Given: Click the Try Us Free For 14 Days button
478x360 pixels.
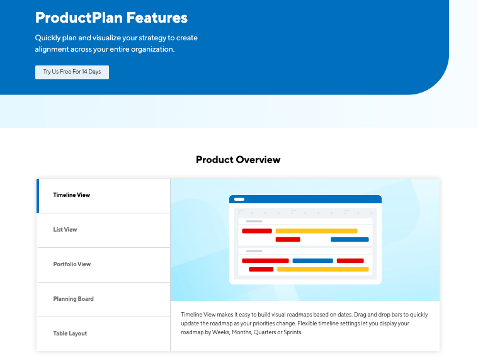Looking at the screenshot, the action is tap(72, 72).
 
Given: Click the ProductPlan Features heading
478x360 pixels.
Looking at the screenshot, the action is tap(111, 18).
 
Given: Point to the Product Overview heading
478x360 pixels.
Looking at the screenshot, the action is tap(238, 160).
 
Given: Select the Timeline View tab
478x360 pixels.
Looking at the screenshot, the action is tap(103, 196).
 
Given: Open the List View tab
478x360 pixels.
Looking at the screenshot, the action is tap(103, 230).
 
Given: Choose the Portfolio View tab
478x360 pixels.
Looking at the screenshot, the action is tap(103, 265).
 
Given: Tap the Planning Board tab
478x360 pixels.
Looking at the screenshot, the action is tap(103, 300).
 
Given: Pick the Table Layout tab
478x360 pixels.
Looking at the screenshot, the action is tap(103, 334).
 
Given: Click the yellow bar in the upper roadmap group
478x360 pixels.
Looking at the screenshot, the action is tap(316, 231).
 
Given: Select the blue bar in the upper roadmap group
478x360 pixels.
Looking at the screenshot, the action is tap(350, 239).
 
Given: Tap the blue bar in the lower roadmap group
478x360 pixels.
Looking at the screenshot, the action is tap(313, 261).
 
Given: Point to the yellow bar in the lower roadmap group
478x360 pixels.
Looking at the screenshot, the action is tap(323, 269).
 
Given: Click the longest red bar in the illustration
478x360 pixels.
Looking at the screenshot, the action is tap(265, 261).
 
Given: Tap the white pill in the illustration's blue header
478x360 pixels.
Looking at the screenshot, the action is tap(239, 199).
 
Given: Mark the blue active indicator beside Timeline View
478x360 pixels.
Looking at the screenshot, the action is tap(38, 196).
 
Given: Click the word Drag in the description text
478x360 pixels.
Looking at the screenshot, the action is tap(360, 315).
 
